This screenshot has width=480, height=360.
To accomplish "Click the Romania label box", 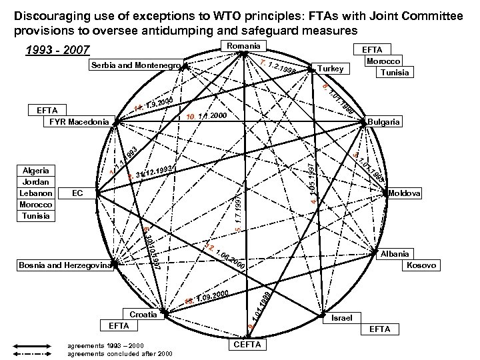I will click(243, 45).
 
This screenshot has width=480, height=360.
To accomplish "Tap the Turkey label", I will click(331, 69).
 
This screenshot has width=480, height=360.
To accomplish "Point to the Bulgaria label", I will click(384, 122).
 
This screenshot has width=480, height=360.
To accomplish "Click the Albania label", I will click(394, 254).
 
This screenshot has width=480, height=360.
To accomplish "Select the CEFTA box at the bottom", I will click(247, 344).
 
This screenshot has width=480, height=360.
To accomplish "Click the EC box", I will click(77, 193).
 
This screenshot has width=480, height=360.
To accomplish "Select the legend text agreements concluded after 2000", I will click(106, 353).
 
